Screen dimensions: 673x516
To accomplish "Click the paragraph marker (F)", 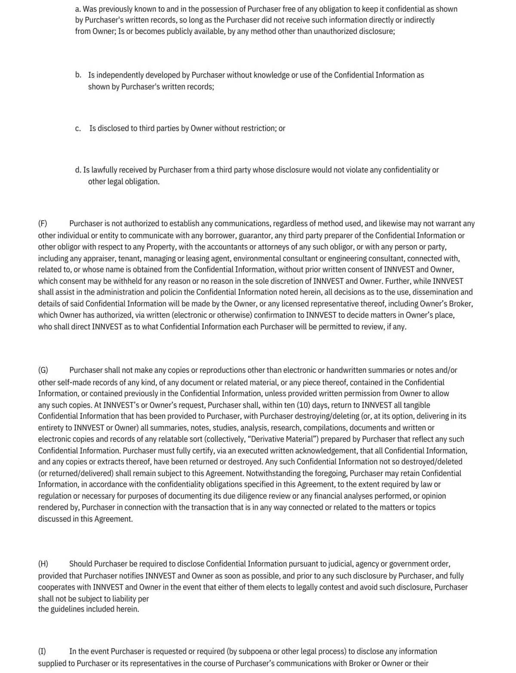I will click(43, 224).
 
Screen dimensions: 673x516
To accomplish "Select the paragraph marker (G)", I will click(43, 370).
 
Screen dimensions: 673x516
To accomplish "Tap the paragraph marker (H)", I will click(43, 564).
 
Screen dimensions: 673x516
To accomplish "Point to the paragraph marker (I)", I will click(42, 651).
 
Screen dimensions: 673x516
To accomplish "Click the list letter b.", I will click(78, 75).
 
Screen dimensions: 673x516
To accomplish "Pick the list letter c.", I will click(78, 129).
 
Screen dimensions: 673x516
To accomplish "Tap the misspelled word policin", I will click(171, 292).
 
